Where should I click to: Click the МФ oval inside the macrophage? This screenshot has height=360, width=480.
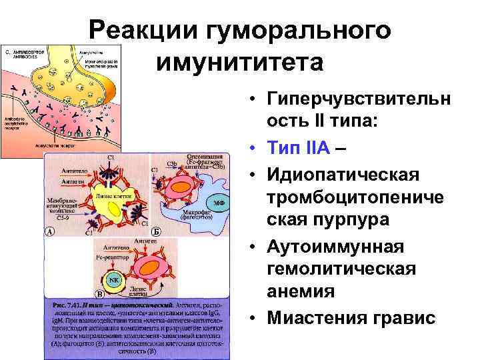pos(217,201)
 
